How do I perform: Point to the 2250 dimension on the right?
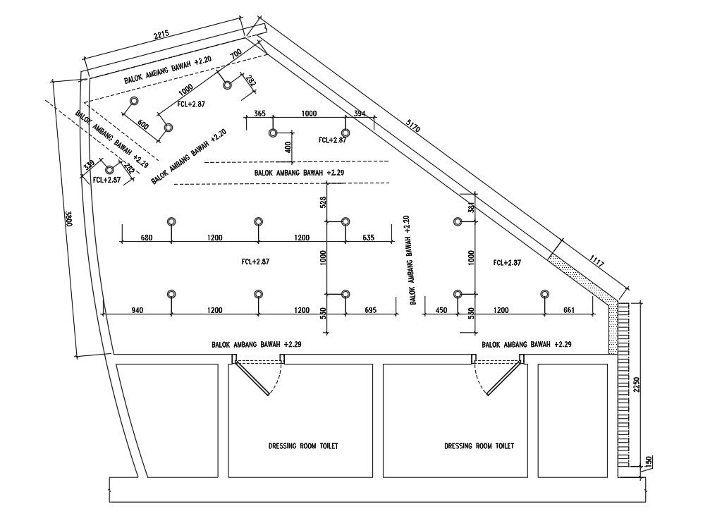pos(636,384)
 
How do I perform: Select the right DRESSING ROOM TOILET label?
pos(479,446)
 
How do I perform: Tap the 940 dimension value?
pos(137,310)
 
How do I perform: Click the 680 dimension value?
pos(147,238)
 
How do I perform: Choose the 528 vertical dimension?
pos(323,202)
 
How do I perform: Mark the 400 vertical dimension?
pos(287,147)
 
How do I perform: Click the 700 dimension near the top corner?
pos(235,54)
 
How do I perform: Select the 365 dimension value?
pos(259,114)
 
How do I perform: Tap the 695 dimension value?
pos(370,310)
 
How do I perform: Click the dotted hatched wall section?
pos(580,271)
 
